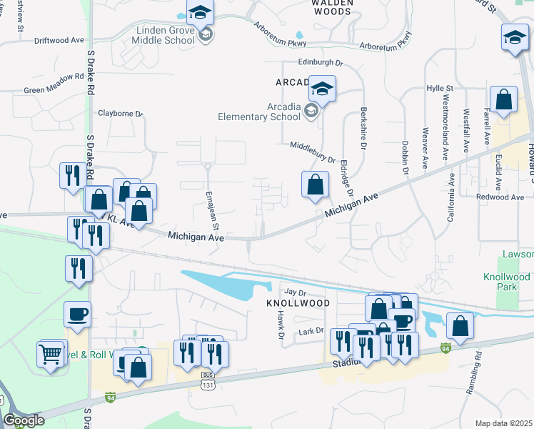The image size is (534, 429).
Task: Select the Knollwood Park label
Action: (x=507, y=281)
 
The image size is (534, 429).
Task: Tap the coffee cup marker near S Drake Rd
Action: (x=77, y=314)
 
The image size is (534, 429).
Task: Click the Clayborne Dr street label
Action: (x=120, y=113)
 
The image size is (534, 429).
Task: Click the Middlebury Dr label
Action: (x=313, y=151)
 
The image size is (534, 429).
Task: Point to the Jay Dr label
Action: (x=295, y=292)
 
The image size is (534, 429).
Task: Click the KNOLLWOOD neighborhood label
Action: (x=297, y=303)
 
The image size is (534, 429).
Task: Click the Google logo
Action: (x=24, y=420)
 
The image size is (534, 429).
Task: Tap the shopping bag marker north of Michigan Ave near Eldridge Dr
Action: (x=315, y=186)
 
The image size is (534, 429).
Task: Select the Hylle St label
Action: (x=440, y=88)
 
